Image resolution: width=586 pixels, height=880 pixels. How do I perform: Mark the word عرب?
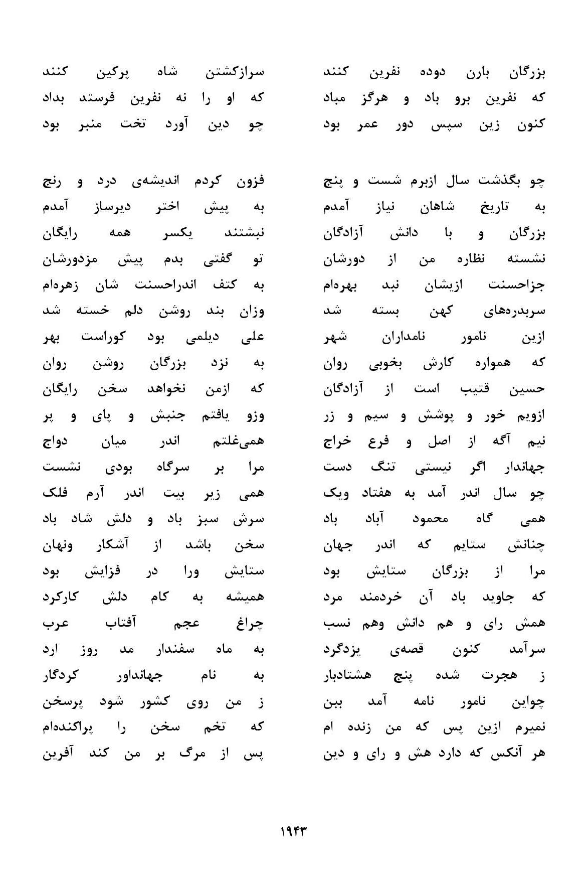pyautogui.click(x=55, y=624)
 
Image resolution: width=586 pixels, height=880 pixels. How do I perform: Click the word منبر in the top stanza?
pyautogui.click(x=86, y=124)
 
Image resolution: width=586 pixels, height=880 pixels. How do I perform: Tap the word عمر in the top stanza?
pyautogui.click(x=367, y=124)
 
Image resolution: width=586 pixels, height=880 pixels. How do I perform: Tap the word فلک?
pyautogui.click(x=56, y=494)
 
